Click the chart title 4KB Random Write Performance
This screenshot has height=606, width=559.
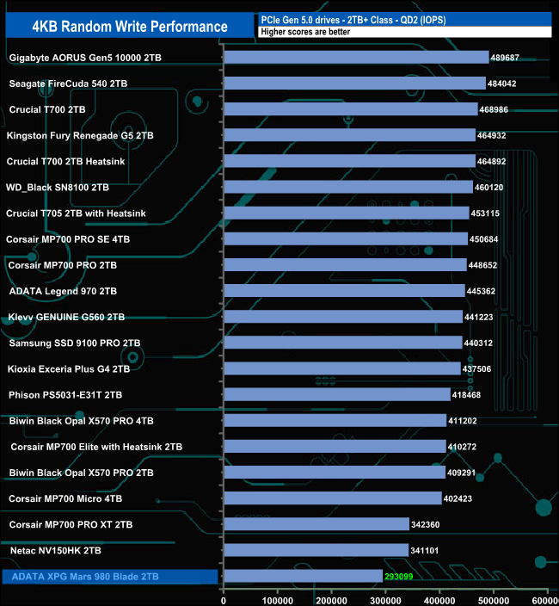coord(130,26)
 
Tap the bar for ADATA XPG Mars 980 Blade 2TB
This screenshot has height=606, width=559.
coord(303,576)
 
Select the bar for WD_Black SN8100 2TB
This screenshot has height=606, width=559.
coord(348,187)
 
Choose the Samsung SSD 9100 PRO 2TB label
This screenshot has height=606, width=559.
coord(75,343)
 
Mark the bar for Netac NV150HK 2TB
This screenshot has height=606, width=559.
coord(316,550)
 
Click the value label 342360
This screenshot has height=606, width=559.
coord(431,524)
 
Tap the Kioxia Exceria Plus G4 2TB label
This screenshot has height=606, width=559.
coord(69,368)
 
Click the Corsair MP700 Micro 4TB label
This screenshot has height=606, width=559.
coord(65,498)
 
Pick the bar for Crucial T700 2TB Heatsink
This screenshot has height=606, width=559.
coord(349,161)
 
